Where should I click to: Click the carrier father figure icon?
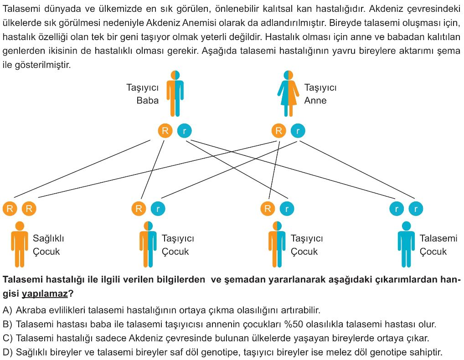[x=175, y=93]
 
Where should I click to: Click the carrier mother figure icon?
[x=288, y=93]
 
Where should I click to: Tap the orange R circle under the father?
[x=165, y=131]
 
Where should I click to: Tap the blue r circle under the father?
[x=184, y=131]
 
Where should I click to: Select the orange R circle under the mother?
[x=279, y=131]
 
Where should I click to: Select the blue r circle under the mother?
[x=298, y=131]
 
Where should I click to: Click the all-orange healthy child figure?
[x=20, y=244]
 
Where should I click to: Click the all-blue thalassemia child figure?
[x=406, y=244]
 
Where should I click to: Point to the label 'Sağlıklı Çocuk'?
[x=48, y=245]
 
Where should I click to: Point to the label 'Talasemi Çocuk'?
[x=438, y=245]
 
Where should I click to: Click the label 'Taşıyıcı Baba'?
[x=143, y=94]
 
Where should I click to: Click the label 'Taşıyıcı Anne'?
[x=320, y=94]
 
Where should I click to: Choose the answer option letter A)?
[x=7, y=310]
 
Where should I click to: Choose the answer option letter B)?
[x=7, y=324]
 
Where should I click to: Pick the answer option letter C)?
[x=7, y=338]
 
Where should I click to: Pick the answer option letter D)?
[x=7, y=352]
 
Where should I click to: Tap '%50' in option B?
[x=294, y=324]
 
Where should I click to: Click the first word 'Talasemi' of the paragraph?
[x=21, y=9]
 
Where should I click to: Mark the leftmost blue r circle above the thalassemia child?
[x=397, y=209]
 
